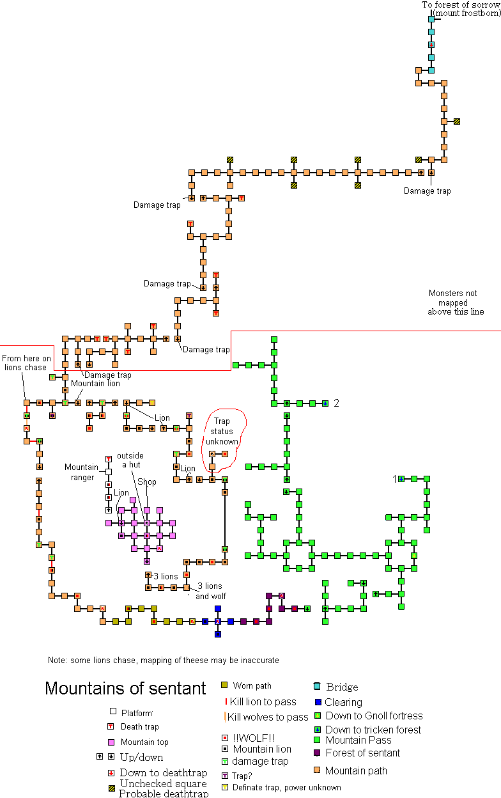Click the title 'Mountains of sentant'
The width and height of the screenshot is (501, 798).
click(x=125, y=689)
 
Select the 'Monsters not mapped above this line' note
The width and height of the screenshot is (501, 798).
click(x=456, y=302)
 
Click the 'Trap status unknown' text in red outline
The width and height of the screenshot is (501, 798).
click(x=222, y=431)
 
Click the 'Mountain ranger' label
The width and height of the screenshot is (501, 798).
click(x=81, y=472)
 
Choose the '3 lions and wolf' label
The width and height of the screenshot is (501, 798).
click(x=212, y=591)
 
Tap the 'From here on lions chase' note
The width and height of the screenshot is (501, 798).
click(x=26, y=363)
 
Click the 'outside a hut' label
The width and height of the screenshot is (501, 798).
click(x=131, y=460)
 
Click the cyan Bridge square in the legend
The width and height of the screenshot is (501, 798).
click(x=318, y=687)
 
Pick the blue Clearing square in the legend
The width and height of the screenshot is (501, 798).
click(x=318, y=702)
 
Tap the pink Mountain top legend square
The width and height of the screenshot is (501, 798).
click(x=112, y=742)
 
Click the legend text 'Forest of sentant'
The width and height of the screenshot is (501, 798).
click(x=362, y=753)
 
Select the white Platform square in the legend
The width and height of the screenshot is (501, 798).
click(x=112, y=711)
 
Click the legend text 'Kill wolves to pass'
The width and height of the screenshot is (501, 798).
click(x=268, y=717)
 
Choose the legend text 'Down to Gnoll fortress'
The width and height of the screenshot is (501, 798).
click(x=374, y=716)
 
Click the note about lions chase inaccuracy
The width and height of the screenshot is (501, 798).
click(x=163, y=660)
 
